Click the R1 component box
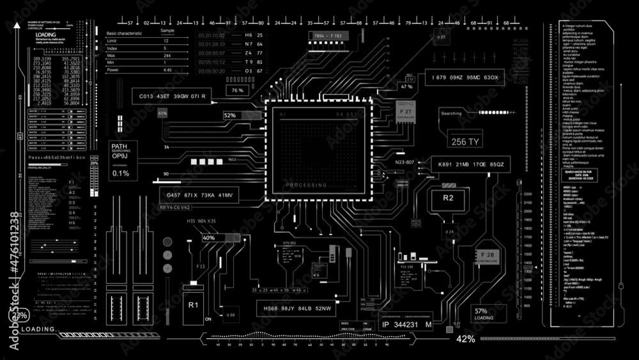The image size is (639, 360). (194, 305)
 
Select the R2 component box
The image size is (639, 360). (448, 198)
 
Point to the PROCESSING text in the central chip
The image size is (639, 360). (307, 185)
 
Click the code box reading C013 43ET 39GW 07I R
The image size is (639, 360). (172, 97)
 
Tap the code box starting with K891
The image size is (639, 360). (471, 165)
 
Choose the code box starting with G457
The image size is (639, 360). (199, 194)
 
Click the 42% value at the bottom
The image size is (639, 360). (465, 339)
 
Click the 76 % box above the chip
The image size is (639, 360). (238, 91)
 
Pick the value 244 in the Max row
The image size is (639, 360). (167, 56)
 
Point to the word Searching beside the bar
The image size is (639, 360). (451, 114)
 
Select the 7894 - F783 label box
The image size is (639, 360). (328, 36)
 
